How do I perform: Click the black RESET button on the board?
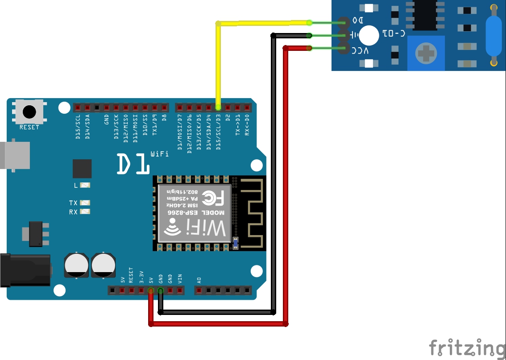pyautogui.click(x=29, y=112)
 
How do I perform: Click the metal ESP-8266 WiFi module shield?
pyautogui.click(x=195, y=214)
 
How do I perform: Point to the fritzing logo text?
pyautogui.click(x=467, y=348)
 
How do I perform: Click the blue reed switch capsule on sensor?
pyautogui.click(x=494, y=35)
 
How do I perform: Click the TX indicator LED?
pyautogui.click(x=85, y=203)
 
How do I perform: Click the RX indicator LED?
pyautogui.click(x=85, y=212)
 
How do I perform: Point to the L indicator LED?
pyautogui.click(x=85, y=185)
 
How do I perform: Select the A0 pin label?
pyautogui.click(x=199, y=280)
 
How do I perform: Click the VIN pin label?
pyautogui.click(x=180, y=279)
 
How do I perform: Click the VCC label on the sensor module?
pyautogui.click(x=361, y=51)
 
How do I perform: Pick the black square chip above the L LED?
pyautogui.click(x=82, y=169)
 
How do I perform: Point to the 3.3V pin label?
pyautogui.click(x=141, y=277)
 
